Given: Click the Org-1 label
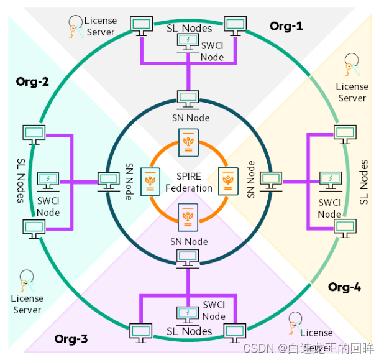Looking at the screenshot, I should click(286, 26).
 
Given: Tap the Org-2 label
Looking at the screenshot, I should click(32, 81).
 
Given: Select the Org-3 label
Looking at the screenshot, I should click(71, 339).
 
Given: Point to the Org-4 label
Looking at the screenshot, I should click(345, 287).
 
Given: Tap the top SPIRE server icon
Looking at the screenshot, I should click(188, 142).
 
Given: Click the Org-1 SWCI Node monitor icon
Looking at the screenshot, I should click(187, 41).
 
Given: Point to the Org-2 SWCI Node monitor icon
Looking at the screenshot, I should click(48, 181).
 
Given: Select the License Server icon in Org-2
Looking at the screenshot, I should click(26, 281).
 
